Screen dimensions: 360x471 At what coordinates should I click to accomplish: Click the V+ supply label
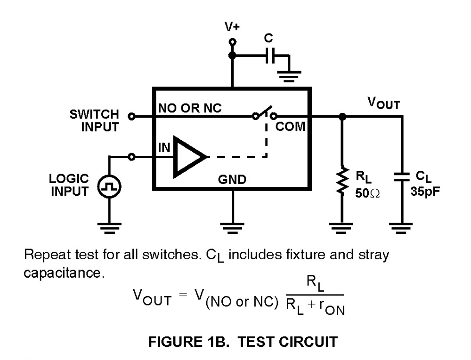pyautogui.click(x=232, y=26)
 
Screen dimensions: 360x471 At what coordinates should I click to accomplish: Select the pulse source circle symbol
pyautogui.click(x=109, y=188)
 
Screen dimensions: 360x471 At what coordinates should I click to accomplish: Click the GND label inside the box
pyautogui.click(x=232, y=180)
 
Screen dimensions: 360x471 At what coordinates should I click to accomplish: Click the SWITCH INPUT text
pyautogui.click(x=94, y=120)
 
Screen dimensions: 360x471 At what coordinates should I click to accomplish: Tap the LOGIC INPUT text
pyautogui.click(x=69, y=184)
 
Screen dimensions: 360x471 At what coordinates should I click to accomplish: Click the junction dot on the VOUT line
pyautogui.click(x=342, y=115)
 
